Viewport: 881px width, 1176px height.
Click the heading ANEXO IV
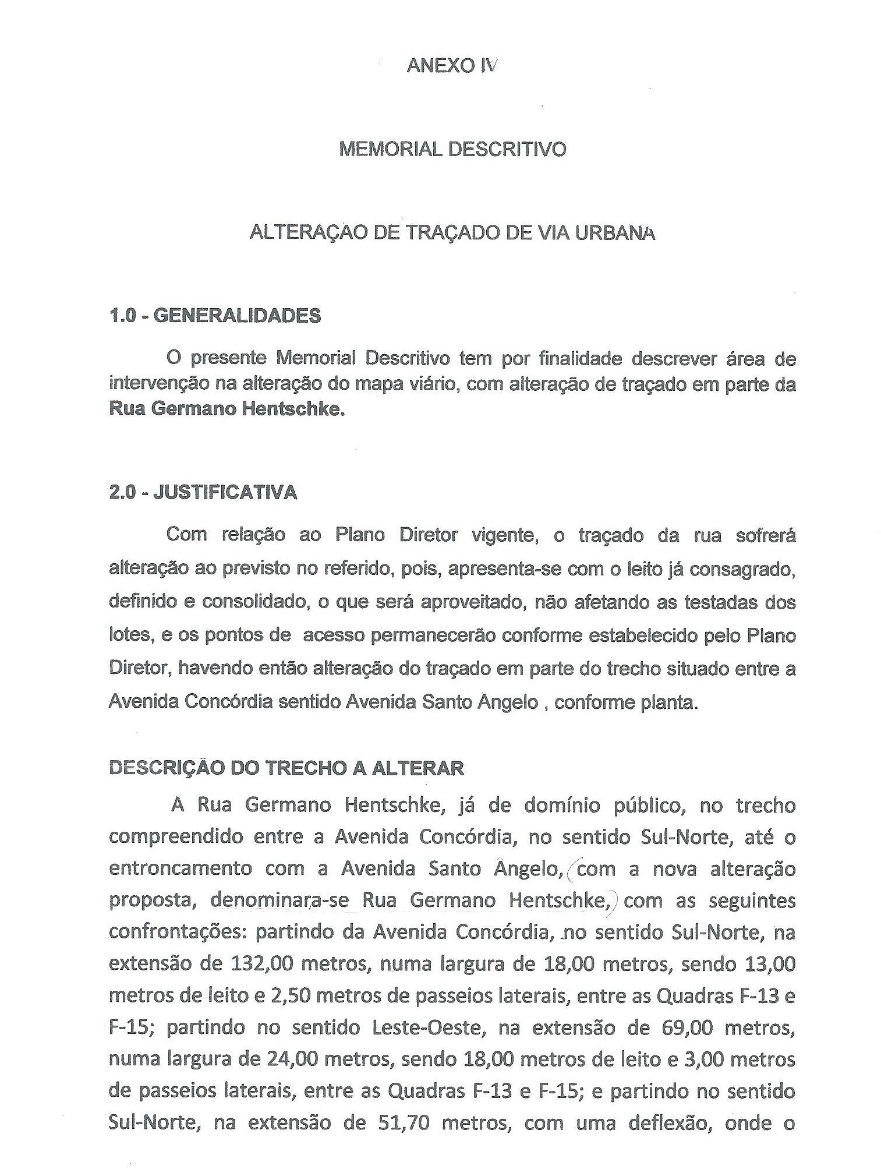[452, 66]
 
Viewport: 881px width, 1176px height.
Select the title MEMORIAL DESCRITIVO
[452, 150]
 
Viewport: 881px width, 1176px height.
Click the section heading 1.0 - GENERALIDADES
[214, 316]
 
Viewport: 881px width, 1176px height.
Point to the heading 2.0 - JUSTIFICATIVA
[203, 493]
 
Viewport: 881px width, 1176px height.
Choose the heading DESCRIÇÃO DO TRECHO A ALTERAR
[286, 768]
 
